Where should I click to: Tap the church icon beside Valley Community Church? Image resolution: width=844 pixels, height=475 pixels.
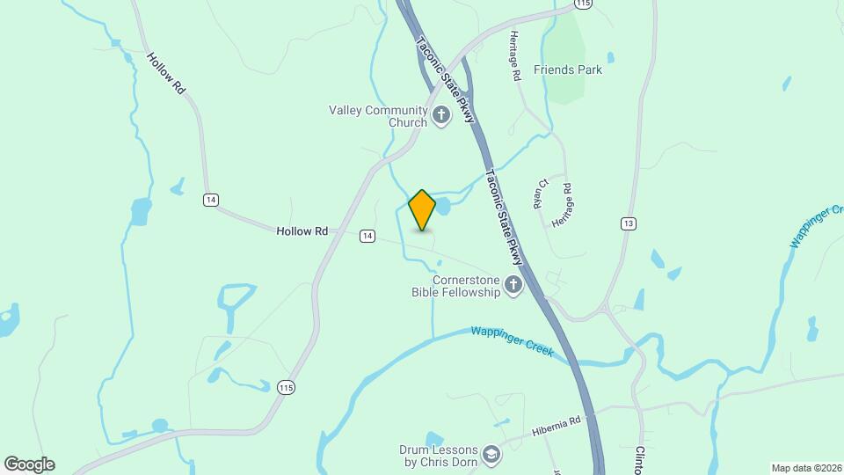(440, 114)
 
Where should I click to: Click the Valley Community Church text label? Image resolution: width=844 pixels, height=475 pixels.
(378, 116)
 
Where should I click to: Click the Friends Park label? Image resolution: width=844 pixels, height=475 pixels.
(568, 69)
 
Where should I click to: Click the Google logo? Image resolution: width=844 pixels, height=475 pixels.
(29, 464)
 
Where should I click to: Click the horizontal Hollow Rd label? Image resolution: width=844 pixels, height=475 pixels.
(302, 231)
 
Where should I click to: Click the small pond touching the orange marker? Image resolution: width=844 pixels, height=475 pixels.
(442, 207)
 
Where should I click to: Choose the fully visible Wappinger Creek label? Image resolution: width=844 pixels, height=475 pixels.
(512, 340)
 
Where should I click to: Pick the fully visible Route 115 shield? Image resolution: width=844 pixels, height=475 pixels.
(285, 387)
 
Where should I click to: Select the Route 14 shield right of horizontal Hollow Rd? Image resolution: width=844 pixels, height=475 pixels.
(367, 235)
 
